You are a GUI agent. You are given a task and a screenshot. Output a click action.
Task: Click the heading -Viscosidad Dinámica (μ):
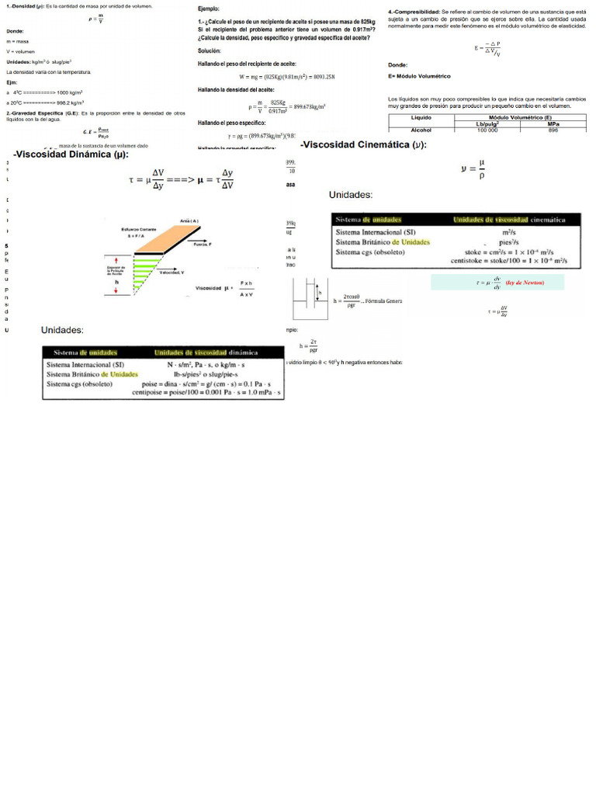click(x=71, y=154)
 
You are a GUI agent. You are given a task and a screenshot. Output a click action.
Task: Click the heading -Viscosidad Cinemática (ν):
click(x=362, y=145)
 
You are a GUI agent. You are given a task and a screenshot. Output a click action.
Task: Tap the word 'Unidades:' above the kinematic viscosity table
click(x=351, y=195)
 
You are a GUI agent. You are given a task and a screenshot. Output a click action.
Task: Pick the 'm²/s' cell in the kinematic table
click(x=511, y=232)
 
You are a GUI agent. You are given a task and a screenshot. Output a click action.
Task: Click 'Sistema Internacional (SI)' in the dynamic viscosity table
click(x=85, y=364)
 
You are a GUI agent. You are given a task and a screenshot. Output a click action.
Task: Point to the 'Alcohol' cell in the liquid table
click(x=421, y=130)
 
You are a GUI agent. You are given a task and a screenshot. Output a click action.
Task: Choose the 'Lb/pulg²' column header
click(x=487, y=123)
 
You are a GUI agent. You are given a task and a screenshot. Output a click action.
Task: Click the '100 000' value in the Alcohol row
click(x=487, y=130)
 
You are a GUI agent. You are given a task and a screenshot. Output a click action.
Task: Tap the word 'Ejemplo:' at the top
click(x=210, y=7)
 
